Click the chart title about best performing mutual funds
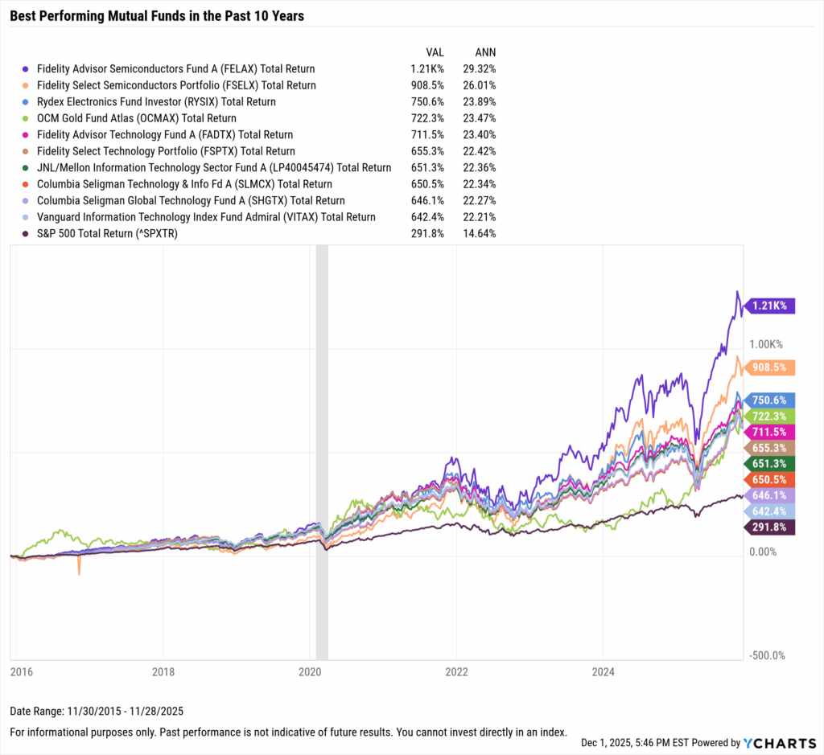(157, 15)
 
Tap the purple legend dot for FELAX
(27, 69)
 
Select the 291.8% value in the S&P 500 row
(426, 234)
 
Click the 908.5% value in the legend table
(426, 85)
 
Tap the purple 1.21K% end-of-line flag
(771, 306)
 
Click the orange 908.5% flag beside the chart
(771, 367)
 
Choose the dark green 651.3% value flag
(771, 464)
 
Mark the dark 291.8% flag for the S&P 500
(771, 527)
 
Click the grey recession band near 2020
(322, 442)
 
